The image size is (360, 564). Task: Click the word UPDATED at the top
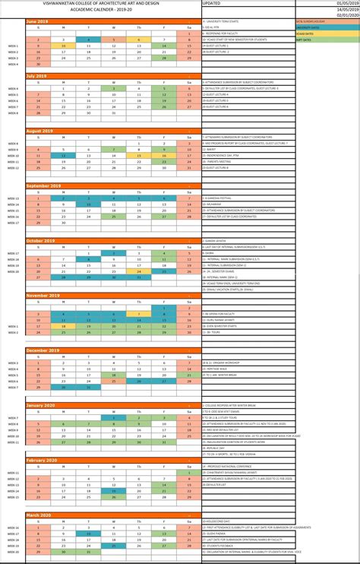(x=213, y=3)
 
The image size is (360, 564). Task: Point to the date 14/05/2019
(x=347, y=9)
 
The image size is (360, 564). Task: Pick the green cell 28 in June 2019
(x=163, y=57)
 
